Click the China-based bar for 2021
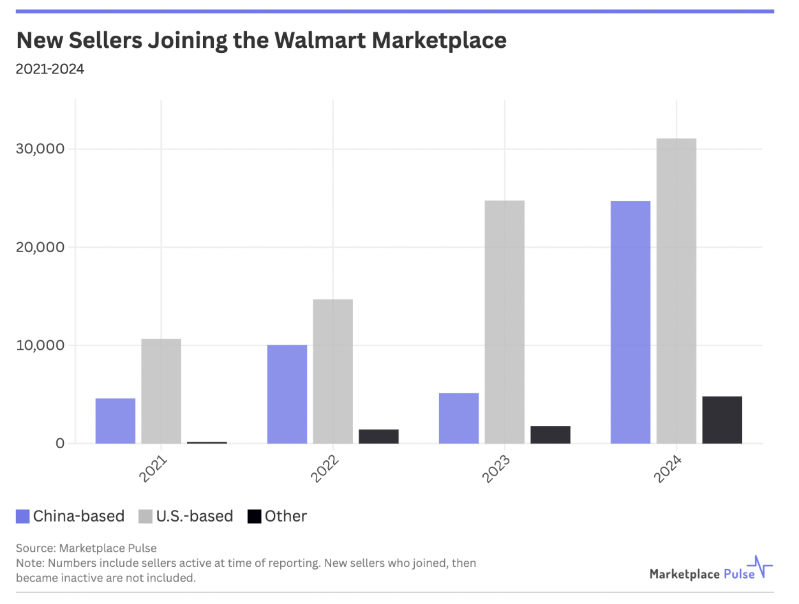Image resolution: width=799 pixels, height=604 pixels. click(116, 421)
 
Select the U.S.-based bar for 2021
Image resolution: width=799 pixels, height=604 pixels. click(161, 391)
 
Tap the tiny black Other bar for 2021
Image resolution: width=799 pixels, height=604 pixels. click(207, 442)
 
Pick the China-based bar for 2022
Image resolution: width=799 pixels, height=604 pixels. click(287, 394)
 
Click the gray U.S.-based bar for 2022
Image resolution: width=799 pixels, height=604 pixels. click(332, 371)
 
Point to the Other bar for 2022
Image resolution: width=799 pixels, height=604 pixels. click(378, 436)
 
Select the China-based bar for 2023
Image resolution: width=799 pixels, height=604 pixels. click(459, 418)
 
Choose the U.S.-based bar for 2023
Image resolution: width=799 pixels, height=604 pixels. click(504, 322)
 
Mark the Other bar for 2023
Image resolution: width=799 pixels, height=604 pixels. click(550, 434)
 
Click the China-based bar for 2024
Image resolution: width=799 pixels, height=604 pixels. click(631, 322)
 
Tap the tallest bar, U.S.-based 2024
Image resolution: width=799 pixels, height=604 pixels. click(676, 291)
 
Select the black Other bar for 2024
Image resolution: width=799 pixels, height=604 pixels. click(722, 419)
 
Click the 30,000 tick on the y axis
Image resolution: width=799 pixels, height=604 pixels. click(39, 149)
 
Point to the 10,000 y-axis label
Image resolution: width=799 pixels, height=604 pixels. click(39, 345)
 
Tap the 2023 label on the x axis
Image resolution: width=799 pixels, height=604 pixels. click(496, 469)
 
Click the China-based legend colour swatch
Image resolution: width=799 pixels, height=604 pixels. click(22, 517)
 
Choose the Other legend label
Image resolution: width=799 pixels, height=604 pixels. click(286, 517)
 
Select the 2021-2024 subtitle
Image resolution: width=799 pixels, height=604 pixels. click(50, 69)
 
